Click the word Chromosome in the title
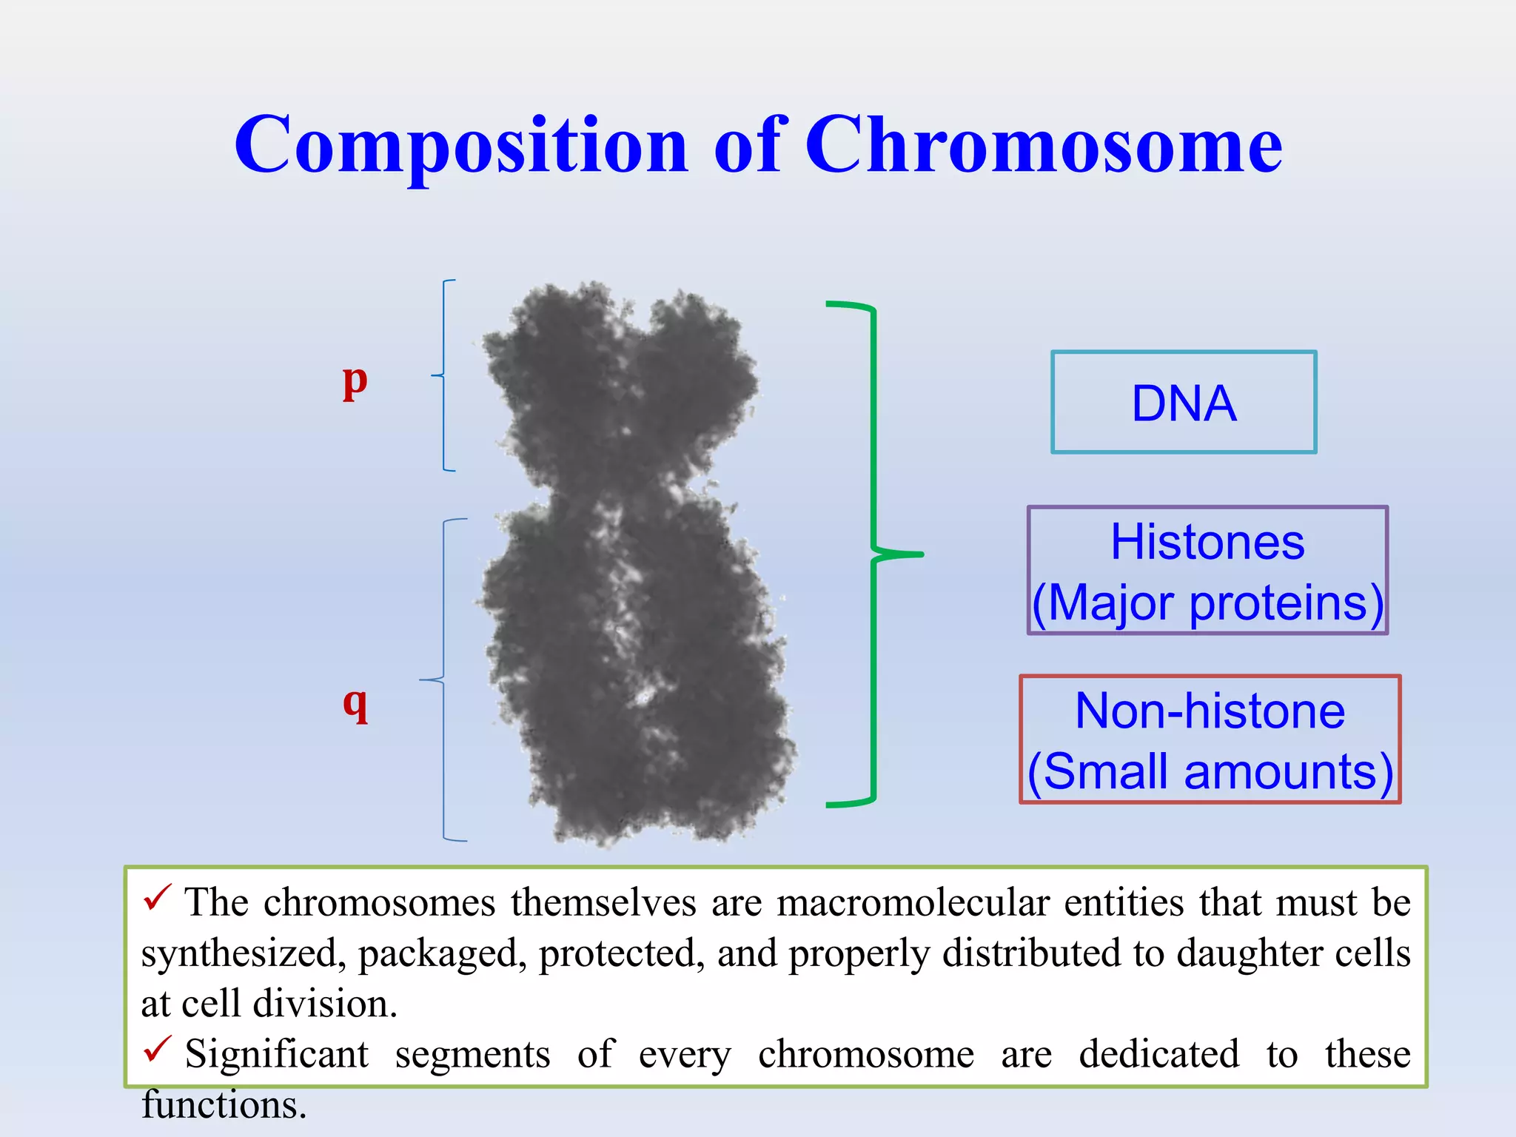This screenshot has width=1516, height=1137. (x=1043, y=145)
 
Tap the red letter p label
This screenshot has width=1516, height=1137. (x=355, y=382)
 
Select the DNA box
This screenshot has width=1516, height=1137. (x=1183, y=403)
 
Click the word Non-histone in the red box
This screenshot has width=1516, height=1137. (x=1210, y=711)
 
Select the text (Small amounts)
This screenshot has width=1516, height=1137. (x=1210, y=771)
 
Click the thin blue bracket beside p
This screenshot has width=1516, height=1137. (x=443, y=375)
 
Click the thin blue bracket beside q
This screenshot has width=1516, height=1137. (x=443, y=679)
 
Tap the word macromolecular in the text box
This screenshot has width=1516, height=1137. (x=913, y=903)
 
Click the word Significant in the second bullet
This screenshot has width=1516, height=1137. (x=276, y=1054)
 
